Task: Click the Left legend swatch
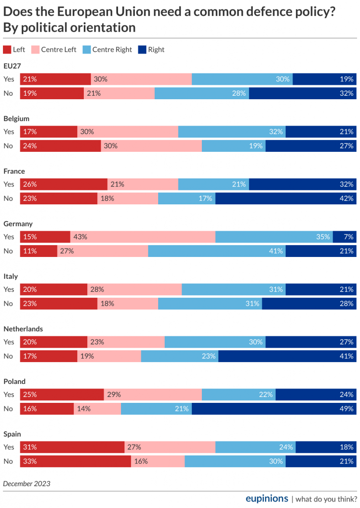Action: tap(7, 50)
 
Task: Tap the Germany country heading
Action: tap(18, 224)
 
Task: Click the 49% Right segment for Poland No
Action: tap(274, 409)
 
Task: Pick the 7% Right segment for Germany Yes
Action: tap(344, 237)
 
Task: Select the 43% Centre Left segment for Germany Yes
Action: tap(143, 237)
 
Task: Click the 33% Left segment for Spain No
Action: tap(75, 461)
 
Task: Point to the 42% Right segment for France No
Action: tap(286, 198)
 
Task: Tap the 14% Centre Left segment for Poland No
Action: tap(97, 409)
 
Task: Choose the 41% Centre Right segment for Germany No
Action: tap(217, 251)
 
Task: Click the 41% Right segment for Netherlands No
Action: tap(287, 356)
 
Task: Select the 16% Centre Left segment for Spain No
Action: tap(158, 461)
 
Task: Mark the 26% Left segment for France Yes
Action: tap(63, 185)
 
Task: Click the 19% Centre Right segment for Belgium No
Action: tap(234, 146)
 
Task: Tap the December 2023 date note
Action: tap(27, 483)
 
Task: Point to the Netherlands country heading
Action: tap(23, 329)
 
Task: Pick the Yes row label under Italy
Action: tap(9, 290)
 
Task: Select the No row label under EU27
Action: tap(8, 93)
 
